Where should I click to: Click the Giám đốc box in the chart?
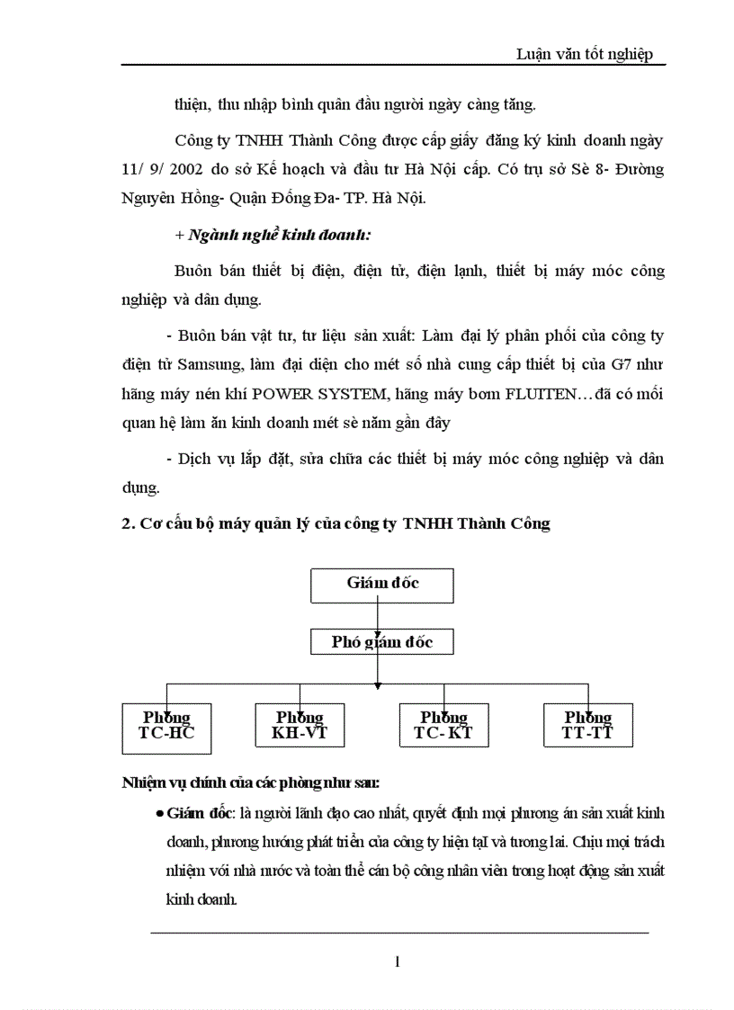pos(382,585)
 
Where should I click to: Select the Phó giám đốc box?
pos(382,642)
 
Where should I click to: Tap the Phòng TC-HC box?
pos(166,726)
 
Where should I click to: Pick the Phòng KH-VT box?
pos(300,726)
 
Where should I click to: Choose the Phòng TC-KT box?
pos(443,726)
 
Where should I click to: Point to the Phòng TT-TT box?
pos(588,726)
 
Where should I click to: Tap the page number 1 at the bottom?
pos(397,961)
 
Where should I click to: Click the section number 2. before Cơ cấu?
pos(127,524)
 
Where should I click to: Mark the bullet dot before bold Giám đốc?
pos(159,813)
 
